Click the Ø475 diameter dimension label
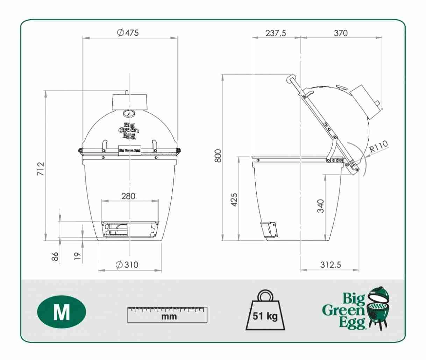tap(128, 33)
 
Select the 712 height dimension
tap(41, 169)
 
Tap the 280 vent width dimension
tap(128, 196)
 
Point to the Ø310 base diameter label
tap(127, 265)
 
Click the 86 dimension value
tap(55, 257)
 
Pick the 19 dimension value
tap(78, 256)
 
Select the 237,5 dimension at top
tap(276, 33)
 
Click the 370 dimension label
tap(341, 33)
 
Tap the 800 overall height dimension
tap(218, 156)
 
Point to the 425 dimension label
tap(234, 199)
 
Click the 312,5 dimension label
tap(331, 265)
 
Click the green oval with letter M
tap(62, 312)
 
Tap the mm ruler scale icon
tap(167, 315)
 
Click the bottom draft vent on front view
tap(129, 230)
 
